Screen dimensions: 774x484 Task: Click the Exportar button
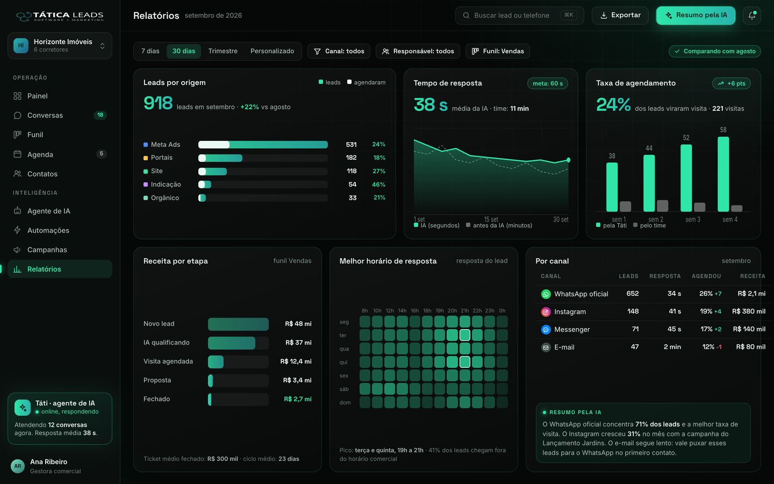point(620,15)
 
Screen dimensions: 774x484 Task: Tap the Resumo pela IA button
point(696,15)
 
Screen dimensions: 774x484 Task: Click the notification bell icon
point(751,15)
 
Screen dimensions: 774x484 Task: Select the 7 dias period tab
point(150,51)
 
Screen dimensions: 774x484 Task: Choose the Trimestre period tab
point(223,51)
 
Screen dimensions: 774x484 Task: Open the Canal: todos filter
point(339,51)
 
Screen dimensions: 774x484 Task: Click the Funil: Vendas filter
point(498,51)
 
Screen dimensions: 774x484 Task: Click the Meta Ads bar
point(263,145)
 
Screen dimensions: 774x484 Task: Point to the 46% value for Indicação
point(378,184)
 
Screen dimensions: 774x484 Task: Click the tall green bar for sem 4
point(723,174)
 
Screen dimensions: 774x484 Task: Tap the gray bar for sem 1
point(626,207)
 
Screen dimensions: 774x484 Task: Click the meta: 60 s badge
point(547,83)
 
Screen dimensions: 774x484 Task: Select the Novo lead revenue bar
point(238,324)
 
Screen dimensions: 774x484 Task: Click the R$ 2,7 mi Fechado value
point(298,399)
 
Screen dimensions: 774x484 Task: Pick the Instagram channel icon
point(546,312)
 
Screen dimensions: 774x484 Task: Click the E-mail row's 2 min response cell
point(672,347)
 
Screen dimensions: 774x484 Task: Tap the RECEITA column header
point(752,276)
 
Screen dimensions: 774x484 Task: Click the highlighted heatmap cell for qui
point(465,362)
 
